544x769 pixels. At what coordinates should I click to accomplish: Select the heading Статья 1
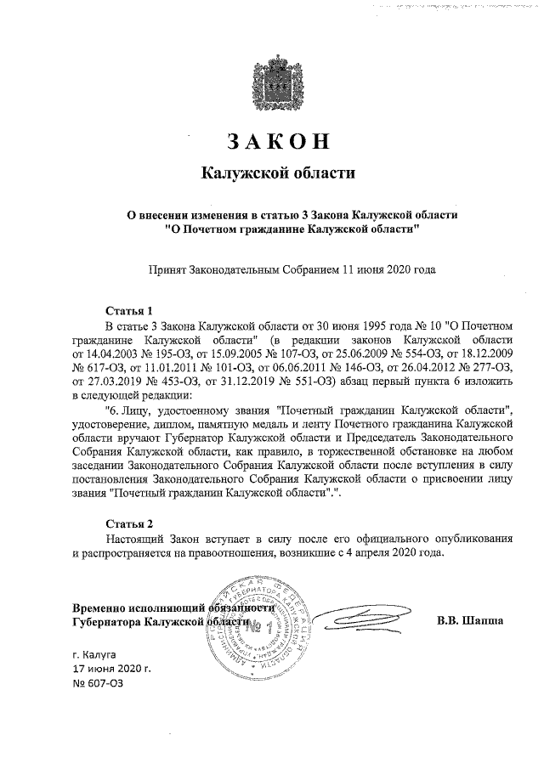click(128, 310)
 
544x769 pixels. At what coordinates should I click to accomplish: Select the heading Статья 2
click(128, 522)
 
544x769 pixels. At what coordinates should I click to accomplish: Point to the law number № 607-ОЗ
click(98, 685)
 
